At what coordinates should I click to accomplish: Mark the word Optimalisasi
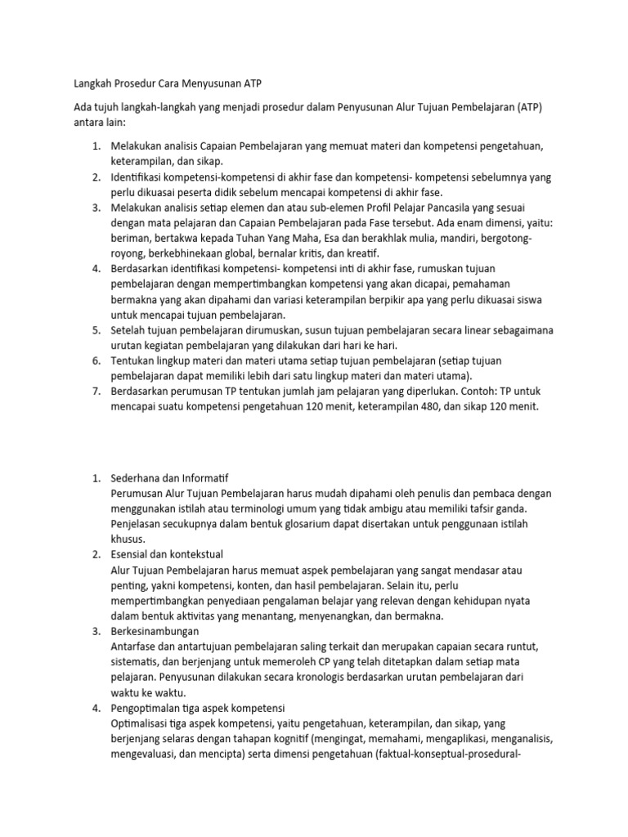(x=142, y=723)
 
